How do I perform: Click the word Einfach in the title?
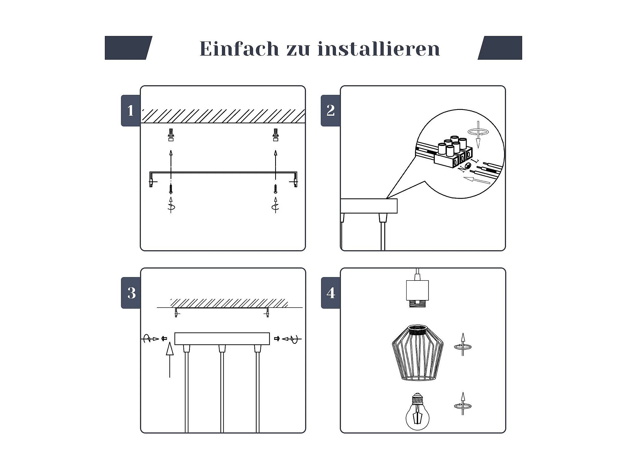point(239,48)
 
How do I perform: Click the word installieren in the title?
point(379,48)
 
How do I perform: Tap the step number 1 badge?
point(131,111)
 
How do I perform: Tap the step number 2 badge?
point(330,111)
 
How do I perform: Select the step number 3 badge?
point(131,293)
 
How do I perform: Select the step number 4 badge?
point(331,293)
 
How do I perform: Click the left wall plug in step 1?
point(171,135)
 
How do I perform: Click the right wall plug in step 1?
point(275,135)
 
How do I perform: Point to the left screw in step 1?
point(171,189)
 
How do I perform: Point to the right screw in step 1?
point(275,189)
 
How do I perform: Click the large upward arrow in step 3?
point(170,360)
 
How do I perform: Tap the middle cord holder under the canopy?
point(222,349)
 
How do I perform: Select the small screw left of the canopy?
point(164,339)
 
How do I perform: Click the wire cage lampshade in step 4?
point(418,353)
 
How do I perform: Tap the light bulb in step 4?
point(417,411)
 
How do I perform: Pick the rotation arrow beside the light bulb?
point(463,404)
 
